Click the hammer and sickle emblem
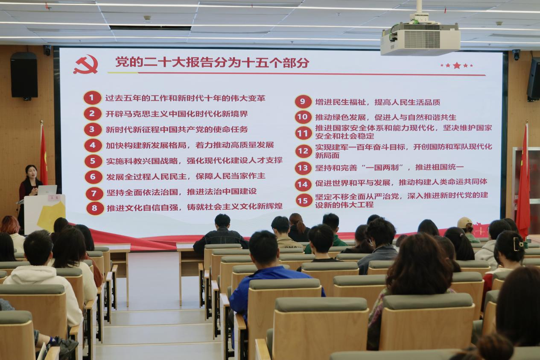(x=86, y=64)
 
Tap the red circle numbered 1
(x=92, y=98)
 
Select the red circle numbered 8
(x=94, y=208)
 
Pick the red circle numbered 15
(x=303, y=200)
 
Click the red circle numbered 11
(x=303, y=133)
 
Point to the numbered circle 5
(x=93, y=161)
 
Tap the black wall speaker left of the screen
(x=24, y=75)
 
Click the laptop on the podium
(x=47, y=190)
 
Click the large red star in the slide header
(x=457, y=65)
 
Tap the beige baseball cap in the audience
(x=464, y=222)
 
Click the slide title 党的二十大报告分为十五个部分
(x=212, y=62)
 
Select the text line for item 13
(x=389, y=167)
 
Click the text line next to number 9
(x=377, y=102)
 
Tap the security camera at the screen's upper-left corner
(x=47, y=50)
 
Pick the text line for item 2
(x=177, y=114)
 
